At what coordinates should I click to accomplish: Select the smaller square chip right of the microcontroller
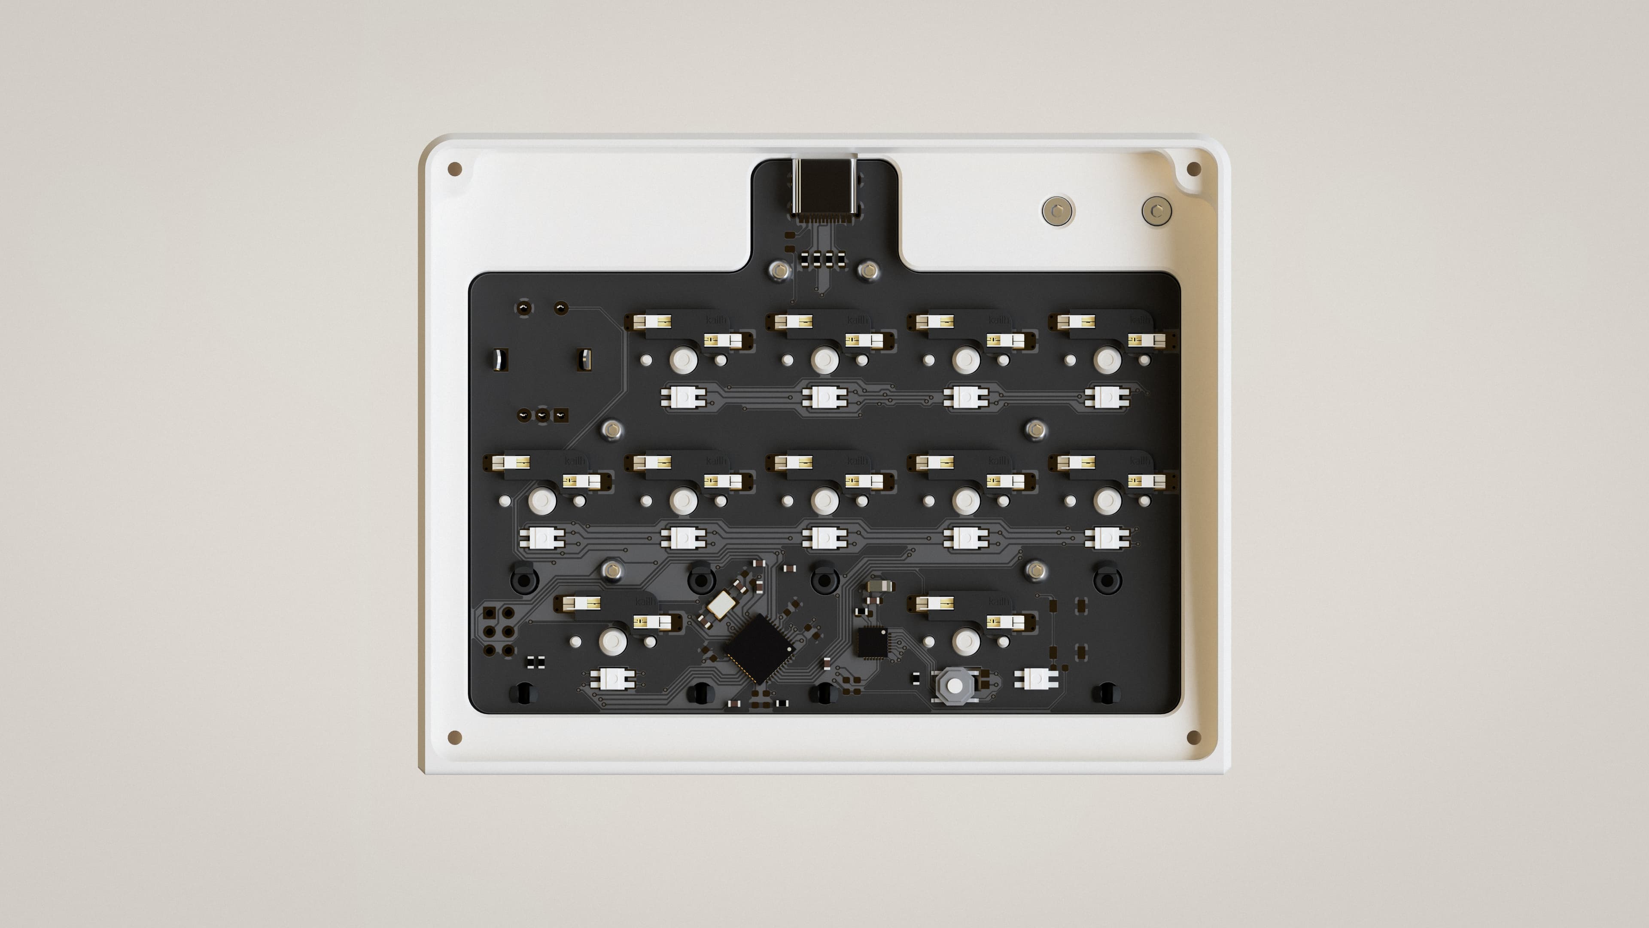872,642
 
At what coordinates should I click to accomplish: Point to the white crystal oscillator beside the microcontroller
720,604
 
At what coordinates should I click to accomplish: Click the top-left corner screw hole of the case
454,169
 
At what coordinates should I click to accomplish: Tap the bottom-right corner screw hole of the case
1193,737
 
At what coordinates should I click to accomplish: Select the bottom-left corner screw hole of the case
454,737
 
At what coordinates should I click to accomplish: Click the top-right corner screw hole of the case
1193,169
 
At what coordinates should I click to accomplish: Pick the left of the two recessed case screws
1057,210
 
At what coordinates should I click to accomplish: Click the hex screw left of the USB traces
779,271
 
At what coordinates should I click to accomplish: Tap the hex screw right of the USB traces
868,271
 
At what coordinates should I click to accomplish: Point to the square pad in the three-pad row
561,415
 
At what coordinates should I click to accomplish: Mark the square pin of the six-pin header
490,614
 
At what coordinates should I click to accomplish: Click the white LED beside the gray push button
1035,678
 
